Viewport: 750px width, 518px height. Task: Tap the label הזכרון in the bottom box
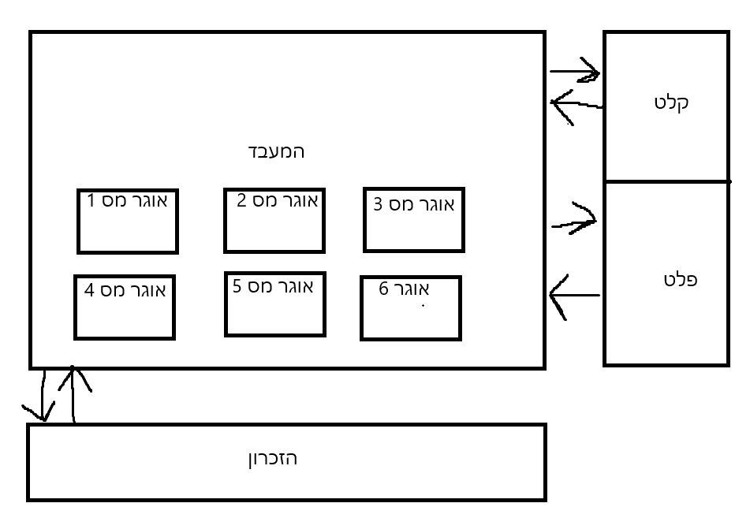[x=273, y=458]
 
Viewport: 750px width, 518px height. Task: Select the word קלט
[x=671, y=102]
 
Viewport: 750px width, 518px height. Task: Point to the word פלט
[x=681, y=280]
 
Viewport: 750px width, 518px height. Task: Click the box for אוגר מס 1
[x=127, y=222]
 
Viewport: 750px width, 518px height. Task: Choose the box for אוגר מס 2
[x=274, y=222]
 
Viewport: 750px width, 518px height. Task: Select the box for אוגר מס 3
[x=413, y=221]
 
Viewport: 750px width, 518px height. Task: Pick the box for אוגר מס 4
[x=124, y=307]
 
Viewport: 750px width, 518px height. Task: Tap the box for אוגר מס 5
[x=274, y=304]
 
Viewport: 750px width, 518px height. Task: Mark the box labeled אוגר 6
[x=410, y=308]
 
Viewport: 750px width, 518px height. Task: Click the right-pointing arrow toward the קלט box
[x=576, y=73]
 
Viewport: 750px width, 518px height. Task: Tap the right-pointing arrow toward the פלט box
[x=574, y=223]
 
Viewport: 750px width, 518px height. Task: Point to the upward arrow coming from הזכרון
[x=73, y=394]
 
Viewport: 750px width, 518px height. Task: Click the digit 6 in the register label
[x=384, y=289]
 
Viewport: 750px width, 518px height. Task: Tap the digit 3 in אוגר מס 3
[x=379, y=205]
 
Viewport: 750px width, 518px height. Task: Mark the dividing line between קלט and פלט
[x=666, y=181]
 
